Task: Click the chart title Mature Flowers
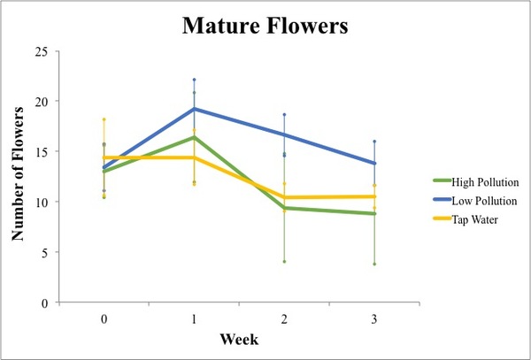tap(265, 26)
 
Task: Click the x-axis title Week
tap(239, 340)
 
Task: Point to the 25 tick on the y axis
tap(41, 51)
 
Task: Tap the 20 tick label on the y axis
tap(41, 102)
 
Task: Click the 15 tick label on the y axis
tap(41, 151)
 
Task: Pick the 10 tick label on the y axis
tap(41, 202)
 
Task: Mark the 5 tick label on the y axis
tap(43, 252)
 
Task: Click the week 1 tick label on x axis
tap(194, 317)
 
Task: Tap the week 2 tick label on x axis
tap(284, 317)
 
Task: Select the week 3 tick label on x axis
tap(373, 317)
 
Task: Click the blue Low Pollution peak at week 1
tap(194, 109)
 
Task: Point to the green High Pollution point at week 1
tap(194, 137)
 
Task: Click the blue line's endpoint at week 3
tap(373, 164)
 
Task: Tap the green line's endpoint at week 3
tap(373, 213)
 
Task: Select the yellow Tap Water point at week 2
tap(284, 197)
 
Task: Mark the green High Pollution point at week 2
tap(284, 208)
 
